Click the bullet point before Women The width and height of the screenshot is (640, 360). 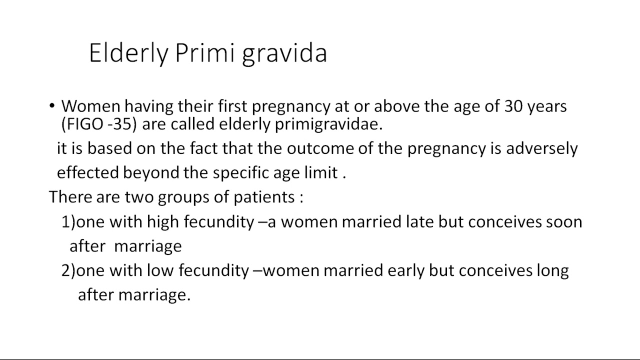pyautogui.click(x=52, y=105)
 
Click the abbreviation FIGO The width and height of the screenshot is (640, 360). pyautogui.click(x=84, y=124)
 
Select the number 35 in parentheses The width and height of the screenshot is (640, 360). pyautogui.click(x=122, y=124)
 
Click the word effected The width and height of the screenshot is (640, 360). pyautogui.click(x=88, y=172)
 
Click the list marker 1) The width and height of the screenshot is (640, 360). pyautogui.click(x=68, y=221)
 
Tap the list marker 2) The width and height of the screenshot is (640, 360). pyautogui.click(x=68, y=270)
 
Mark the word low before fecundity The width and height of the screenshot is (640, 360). pyautogui.click(x=160, y=270)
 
